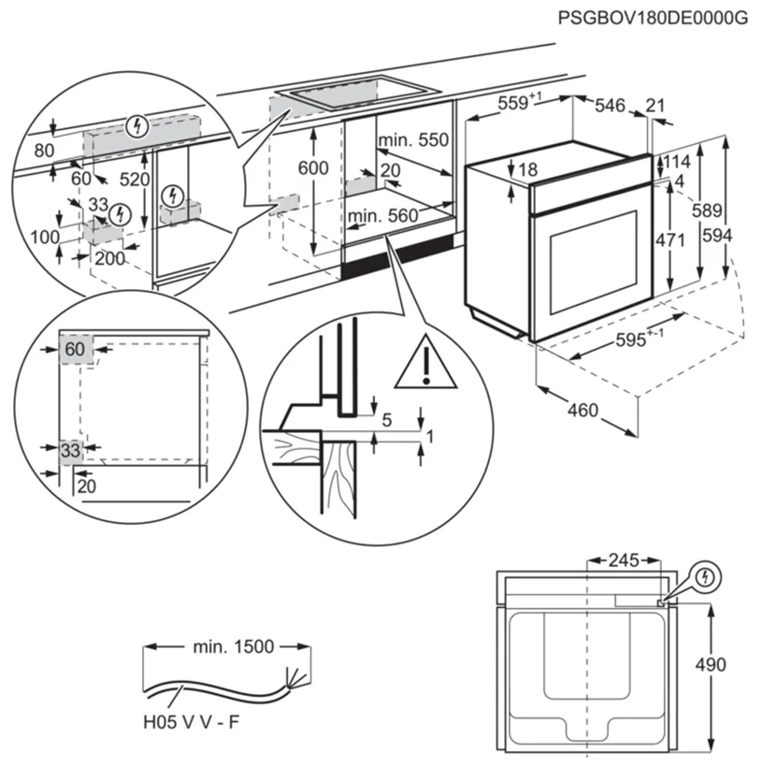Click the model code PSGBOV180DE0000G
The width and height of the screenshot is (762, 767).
[654, 17]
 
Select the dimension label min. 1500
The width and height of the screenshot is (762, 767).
[234, 646]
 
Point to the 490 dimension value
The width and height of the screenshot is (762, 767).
[711, 665]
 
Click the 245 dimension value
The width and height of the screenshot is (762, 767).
[623, 560]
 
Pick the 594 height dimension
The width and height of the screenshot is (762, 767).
[744, 238]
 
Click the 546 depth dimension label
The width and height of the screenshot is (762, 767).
[610, 106]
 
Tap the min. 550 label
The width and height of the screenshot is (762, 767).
[414, 140]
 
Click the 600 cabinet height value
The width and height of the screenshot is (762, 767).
[313, 168]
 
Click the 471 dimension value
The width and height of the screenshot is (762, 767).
[669, 239]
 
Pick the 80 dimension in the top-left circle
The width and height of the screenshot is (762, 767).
[44, 150]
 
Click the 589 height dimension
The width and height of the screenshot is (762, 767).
[708, 212]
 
